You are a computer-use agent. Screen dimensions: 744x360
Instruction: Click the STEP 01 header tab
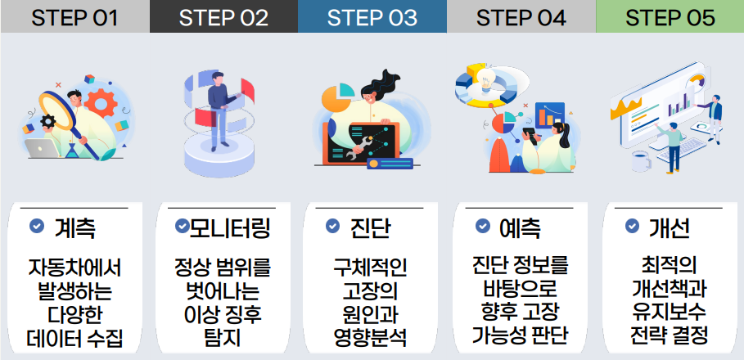[74, 16]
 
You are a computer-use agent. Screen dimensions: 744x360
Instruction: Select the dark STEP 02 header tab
[223, 16]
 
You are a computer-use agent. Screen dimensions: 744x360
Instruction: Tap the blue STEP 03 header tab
[372, 16]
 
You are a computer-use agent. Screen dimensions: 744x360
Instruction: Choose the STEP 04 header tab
[521, 16]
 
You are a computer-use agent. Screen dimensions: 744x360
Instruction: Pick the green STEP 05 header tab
[670, 16]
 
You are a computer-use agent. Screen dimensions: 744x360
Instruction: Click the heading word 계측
[75, 228]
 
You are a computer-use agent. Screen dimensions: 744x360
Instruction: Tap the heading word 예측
[520, 228]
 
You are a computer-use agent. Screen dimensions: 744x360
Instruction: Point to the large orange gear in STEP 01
[100, 103]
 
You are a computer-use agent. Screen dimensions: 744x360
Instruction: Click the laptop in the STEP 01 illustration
[43, 148]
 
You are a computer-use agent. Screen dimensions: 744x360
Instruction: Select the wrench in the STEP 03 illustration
[361, 147]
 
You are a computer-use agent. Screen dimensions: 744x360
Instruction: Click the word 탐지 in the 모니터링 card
[223, 337]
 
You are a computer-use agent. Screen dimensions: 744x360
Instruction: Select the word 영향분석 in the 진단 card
[370, 337]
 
